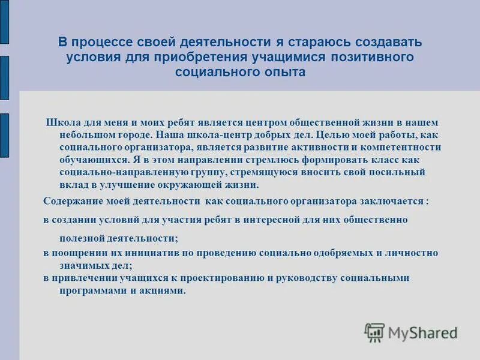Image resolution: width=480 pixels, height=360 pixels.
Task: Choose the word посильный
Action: tap(397, 172)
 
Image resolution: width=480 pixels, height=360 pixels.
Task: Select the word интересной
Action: tap(278, 220)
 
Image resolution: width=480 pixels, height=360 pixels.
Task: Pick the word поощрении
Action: tap(80, 253)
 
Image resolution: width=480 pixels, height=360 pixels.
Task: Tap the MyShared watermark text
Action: tap(422, 332)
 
